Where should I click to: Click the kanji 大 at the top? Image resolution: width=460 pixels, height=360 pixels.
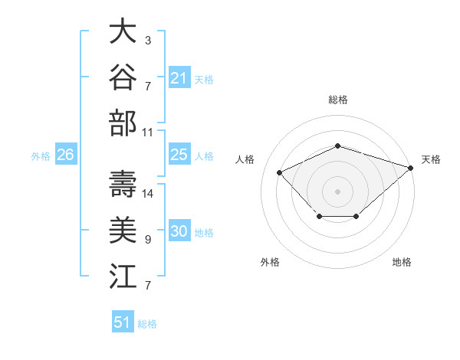[x=123, y=31]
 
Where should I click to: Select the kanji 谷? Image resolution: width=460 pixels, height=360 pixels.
[x=123, y=77]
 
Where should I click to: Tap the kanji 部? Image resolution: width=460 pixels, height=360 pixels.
[x=123, y=123]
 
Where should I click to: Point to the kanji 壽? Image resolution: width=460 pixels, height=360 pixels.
[x=123, y=184]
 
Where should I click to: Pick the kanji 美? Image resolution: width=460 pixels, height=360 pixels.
[x=123, y=230]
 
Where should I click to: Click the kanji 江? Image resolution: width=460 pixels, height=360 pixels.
[x=123, y=276]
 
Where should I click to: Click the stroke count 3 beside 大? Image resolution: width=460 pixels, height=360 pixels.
[x=148, y=40]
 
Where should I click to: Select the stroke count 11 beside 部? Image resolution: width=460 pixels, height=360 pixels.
[x=147, y=133]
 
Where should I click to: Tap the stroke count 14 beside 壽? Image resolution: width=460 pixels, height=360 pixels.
[x=147, y=194]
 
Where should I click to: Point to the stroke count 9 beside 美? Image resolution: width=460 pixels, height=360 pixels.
[x=148, y=240]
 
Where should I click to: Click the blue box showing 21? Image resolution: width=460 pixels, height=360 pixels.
[x=179, y=77]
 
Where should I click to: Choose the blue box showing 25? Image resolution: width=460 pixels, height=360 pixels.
[x=179, y=154]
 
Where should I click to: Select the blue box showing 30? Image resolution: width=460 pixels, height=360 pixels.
[x=179, y=230]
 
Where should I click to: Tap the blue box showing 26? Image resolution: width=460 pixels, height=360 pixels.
[x=66, y=154]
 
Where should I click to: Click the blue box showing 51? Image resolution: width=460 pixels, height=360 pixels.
[x=123, y=321]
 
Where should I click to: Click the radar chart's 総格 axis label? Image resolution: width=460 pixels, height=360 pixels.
[x=338, y=100]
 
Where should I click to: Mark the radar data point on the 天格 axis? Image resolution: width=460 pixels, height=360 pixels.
[x=411, y=168]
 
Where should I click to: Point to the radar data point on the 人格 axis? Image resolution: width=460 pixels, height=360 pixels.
[x=279, y=172]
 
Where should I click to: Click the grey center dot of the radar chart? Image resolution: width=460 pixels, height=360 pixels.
[x=337, y=191]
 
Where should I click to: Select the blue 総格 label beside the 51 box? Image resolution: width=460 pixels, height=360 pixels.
[x=147, y=324]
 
